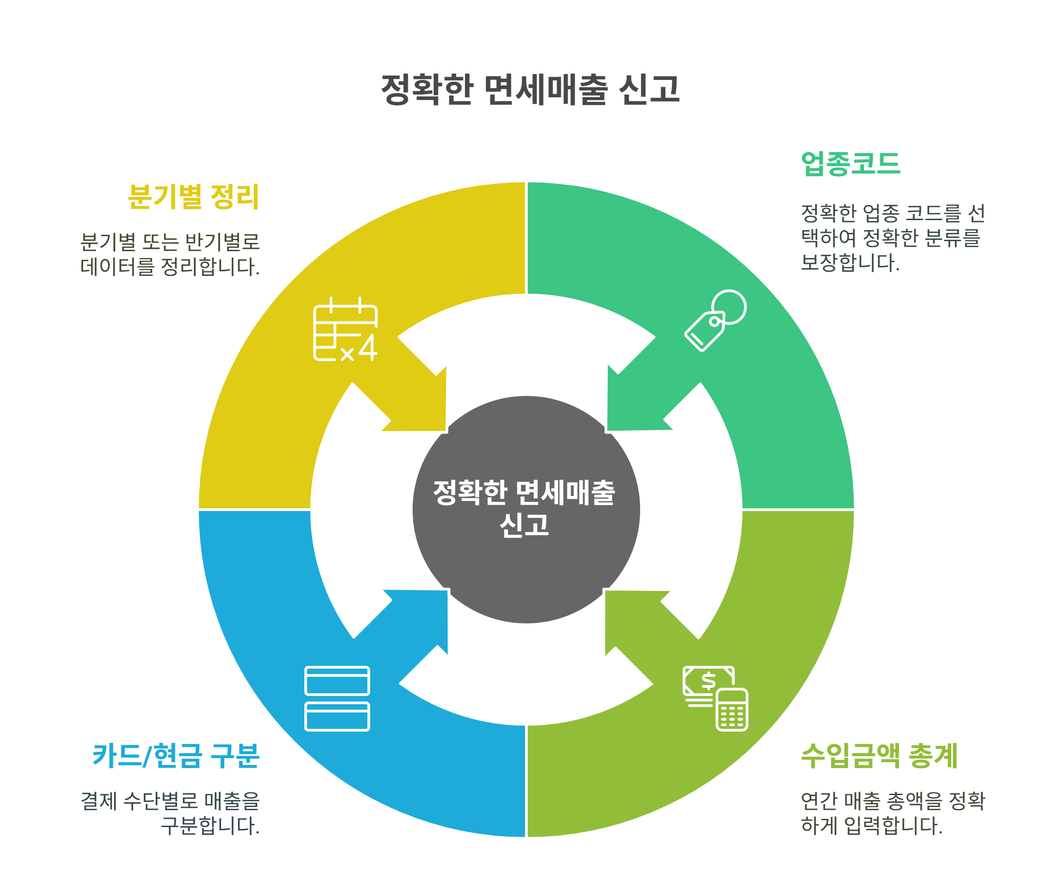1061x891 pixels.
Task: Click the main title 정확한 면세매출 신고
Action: [x=530, y=90]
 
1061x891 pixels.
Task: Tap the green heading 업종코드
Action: [x=850, y=164]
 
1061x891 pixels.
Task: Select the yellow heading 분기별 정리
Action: [x=193, y=196]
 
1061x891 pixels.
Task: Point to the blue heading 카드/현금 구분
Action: [x=176, y=756]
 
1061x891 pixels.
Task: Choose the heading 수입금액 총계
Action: [x=879, y=756]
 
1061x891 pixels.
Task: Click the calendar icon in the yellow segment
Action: [x=345, y=329]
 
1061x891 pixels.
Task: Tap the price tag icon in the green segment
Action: [x=715, y=320]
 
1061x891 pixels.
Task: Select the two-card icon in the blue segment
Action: [x=337, y=699]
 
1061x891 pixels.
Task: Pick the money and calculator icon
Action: [x=715, y=698]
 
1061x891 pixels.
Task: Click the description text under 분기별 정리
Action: [x=170, y=254]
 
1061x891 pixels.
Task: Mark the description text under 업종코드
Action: [x=892, y=237]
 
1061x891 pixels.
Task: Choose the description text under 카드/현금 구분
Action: [x=170, y=813]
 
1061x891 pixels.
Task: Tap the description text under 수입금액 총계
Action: [x=892, y=813]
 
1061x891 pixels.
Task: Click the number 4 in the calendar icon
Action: [x=367, y=347]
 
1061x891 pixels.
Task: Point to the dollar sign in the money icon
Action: [x=708, y=681]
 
